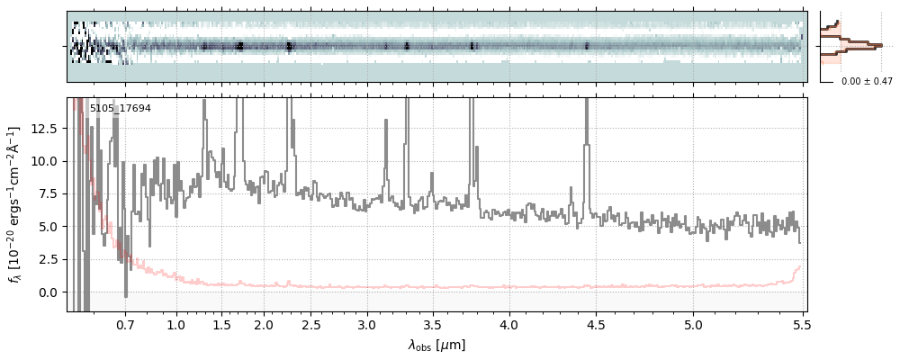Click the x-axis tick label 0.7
point(125,323)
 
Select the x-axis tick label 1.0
point(176,323)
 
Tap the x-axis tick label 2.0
point(264,323)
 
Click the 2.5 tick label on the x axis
point(311,323)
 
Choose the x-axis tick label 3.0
point(366,323)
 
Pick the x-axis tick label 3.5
point(432,323)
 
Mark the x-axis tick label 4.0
point(509,323)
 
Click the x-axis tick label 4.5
point(595,323)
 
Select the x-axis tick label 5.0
point(693,323)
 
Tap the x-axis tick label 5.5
point(799,323)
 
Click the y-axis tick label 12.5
point(44,129)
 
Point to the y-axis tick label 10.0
point(44,161)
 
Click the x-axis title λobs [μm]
point(436,345)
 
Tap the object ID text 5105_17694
point(121,109)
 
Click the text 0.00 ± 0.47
point(865,82)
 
